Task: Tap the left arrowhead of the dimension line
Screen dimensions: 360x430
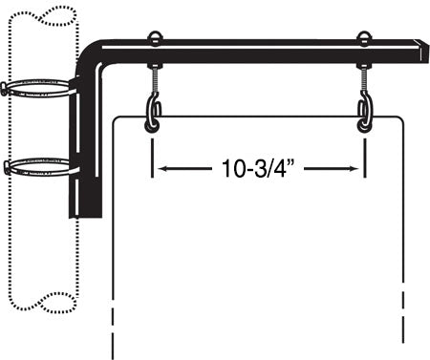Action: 161,170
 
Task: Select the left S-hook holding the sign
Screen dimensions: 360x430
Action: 152,113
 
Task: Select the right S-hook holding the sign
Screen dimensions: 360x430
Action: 364,113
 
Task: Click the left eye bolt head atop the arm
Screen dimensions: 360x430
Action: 153,39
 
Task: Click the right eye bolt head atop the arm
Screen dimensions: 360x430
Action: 364,39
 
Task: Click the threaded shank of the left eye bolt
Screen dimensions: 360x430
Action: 153,78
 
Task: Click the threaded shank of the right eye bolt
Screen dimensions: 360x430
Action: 364,78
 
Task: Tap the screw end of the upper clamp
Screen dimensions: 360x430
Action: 6,89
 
